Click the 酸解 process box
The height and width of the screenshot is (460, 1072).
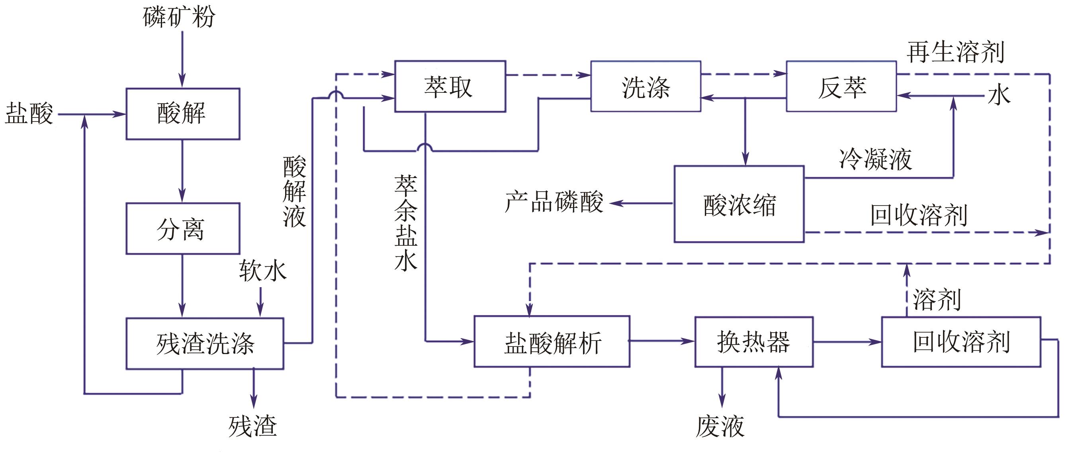click(x=183, y=114)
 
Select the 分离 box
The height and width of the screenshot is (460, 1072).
click(x=183, y=229)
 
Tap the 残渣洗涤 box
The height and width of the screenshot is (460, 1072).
click(x=205, y=344)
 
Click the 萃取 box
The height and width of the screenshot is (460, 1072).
click(x=450, y=86)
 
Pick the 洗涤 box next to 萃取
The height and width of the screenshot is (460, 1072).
click(x=646, y=86)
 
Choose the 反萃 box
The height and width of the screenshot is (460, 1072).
click(x=841, y=86)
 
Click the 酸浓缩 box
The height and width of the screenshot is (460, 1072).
click(x=739, y=204)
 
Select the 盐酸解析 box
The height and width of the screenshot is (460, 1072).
click(x=552, y=342)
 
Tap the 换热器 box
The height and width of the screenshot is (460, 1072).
click(x=754, y=342)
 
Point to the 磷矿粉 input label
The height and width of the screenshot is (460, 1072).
click(x=179, y=18)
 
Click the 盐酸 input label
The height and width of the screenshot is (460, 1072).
click(x=29, y=113)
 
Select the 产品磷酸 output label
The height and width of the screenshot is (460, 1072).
click(x=554, y=202)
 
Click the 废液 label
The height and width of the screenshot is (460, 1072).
click(x=720, y=427)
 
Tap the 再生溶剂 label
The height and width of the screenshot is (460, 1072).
click(x=955, y=53)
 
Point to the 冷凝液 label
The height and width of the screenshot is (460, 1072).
click(x=876, y=159)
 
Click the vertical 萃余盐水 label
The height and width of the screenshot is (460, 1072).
click(x=406, y=223)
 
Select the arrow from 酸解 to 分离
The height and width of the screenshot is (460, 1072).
click(x=182, y=171)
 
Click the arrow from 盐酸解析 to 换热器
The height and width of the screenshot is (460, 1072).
click(x=662, y=341)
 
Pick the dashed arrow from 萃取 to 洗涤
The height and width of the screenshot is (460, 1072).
click(x=548, y=75)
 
